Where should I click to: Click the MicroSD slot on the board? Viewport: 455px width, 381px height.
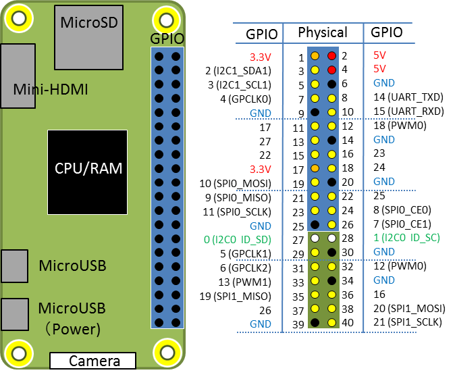pos(89,38)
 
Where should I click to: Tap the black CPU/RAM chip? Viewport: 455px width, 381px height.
pos(87,172)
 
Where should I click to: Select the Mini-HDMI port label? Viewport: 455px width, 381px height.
pos(51,89)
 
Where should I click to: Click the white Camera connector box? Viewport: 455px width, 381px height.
pos(93,361)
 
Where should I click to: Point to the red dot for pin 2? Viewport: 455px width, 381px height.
pos(331,56)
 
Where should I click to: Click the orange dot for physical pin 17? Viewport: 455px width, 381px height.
pos(315,168)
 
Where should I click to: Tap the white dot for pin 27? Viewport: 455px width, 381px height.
pos(315,238)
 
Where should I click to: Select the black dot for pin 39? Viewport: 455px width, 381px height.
pos(315,323)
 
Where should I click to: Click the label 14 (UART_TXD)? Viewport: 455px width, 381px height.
pos(408,97)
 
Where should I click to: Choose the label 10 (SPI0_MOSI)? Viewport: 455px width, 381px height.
pos(236,184)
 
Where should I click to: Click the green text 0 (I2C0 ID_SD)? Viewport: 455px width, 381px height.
pos(238,240)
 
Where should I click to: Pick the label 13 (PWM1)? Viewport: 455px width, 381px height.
pos(244,282)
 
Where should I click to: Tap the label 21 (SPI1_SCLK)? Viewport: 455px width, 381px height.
pos(408,322)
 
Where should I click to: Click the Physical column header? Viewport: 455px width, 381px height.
pos(323,32)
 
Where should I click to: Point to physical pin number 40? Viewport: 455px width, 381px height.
pos(348,323)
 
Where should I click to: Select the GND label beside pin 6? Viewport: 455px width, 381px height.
pos(384,83)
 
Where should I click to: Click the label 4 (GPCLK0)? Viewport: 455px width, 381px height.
pos(246,99)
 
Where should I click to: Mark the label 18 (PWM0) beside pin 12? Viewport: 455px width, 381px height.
pos(400,126)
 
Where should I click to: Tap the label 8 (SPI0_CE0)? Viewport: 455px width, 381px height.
pos(402,209)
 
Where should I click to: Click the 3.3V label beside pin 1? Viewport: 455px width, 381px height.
pos(261,57)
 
